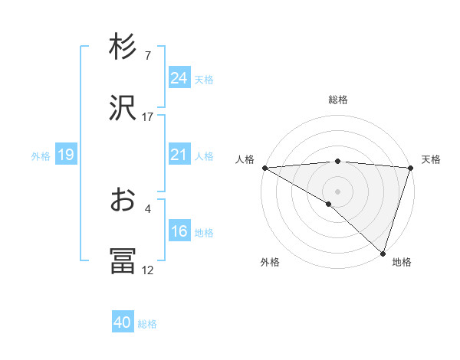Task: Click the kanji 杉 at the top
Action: click(x=123, y=47)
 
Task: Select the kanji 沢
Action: click(x=123, y=108)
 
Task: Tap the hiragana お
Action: click(x=123, y=200)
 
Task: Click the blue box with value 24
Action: click(x=179, y=78)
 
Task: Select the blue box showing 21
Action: click(x=179, y=155)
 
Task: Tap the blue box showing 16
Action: click(x=179, y=232)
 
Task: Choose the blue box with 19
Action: click(x=65, y=155)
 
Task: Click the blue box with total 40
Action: click(x=123, y=323)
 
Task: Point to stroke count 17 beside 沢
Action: click(x=148, y=117)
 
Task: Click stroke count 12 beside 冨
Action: click(x=148, y=270)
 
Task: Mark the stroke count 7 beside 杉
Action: click(x=148, y=56)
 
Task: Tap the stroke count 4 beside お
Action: click(x=148, y=208)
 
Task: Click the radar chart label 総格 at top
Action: click(x=338, y=100)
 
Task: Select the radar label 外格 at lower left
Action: click(x=270, y=262)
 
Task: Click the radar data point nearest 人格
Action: click(x=264, y=167)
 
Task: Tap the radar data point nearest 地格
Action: click(x=383, y=253)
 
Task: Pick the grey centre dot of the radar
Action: click(x=338, y=191)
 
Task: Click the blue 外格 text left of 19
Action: click(x=41, y=156)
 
